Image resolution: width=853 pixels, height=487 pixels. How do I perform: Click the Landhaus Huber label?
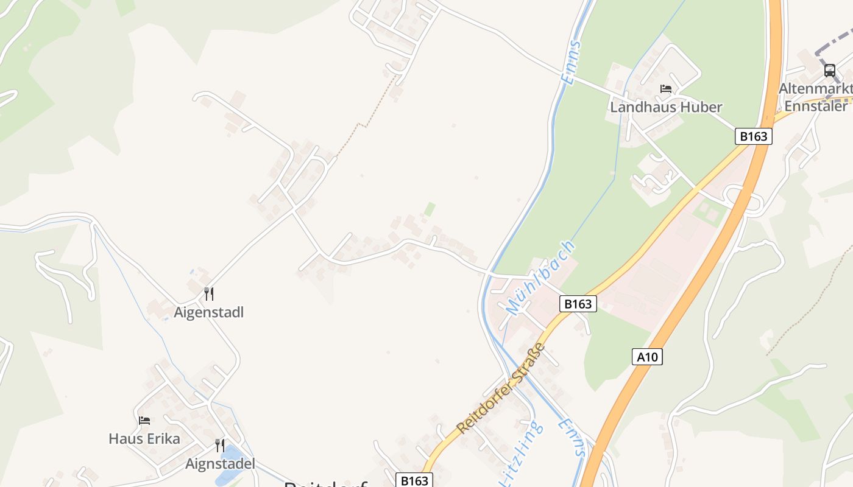point(666,107)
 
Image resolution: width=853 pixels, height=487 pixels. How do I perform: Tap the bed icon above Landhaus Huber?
point(666,89)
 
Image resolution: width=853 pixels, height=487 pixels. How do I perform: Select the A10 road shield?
point(646,357)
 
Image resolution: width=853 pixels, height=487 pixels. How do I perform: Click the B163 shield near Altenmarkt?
point(753,136)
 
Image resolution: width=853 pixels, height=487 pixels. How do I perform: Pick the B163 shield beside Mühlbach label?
point(578,304)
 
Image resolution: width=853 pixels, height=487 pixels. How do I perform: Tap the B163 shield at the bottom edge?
point(414,480)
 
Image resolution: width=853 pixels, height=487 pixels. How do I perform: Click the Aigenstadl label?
point(208,312)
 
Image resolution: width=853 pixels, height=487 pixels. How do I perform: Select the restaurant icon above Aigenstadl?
point(208,294)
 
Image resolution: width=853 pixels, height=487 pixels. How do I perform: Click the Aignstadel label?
point(219,464)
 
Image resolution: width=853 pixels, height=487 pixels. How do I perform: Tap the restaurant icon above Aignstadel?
point(219,446)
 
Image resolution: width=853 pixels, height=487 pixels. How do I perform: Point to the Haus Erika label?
point(144,438)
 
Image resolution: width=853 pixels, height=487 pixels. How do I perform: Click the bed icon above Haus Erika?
point(144,420)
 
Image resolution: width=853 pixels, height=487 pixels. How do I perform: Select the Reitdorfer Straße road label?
point(501,388)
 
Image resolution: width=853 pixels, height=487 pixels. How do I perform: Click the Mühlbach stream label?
point(540,278)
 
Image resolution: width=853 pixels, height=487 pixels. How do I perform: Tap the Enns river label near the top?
point(570,62)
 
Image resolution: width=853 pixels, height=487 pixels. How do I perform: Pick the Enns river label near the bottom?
point(572,437)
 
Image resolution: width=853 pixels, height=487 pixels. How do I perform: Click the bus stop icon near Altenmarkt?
point(829,70)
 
